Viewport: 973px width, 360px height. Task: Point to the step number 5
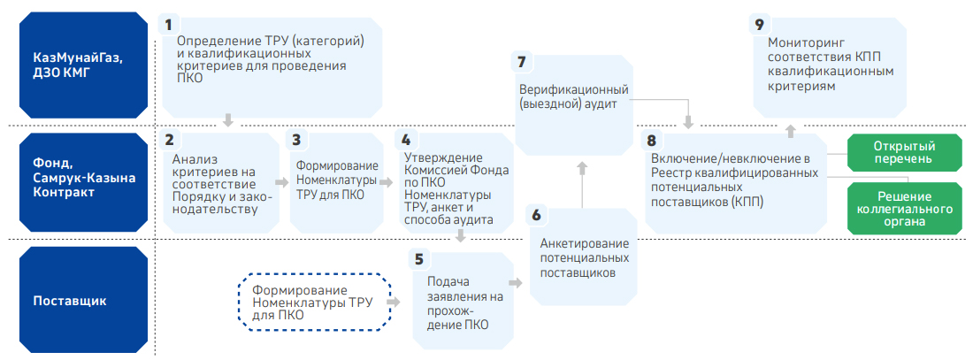click(x=419, y=257)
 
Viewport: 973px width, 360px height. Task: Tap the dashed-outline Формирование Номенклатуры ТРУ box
click(x=314, y=303)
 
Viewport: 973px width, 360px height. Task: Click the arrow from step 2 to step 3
click(x=282, y=182)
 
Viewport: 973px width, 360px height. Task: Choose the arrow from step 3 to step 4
click(x=387, y=182)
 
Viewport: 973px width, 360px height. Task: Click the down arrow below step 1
click(x=227, y=119)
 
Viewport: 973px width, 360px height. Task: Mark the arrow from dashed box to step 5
click(x=394, y=303)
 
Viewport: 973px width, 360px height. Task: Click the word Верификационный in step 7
click(x=574, y=89)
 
